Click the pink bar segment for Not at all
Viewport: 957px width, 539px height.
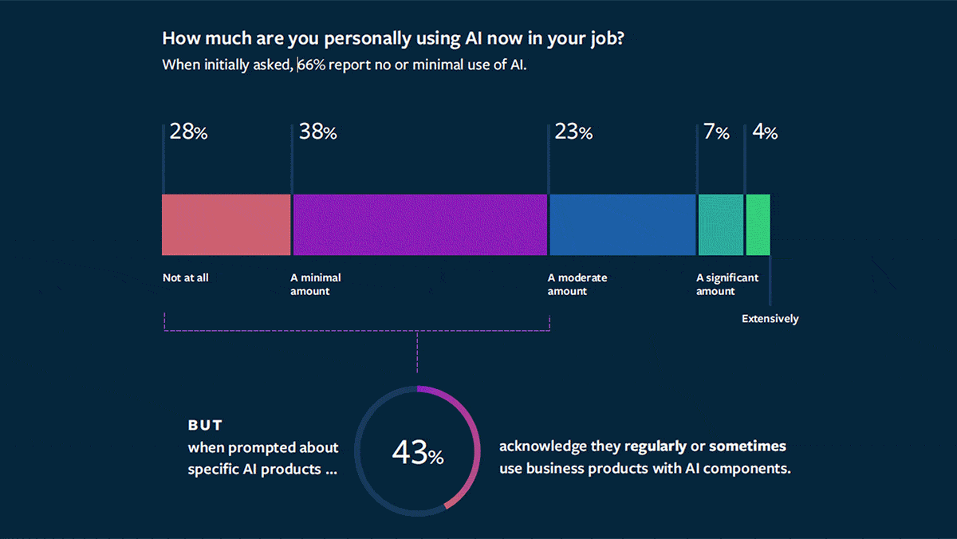tap(226, 225)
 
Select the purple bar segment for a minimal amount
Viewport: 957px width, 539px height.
tap(419, 225)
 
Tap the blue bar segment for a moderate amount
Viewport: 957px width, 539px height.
tap(622, 225)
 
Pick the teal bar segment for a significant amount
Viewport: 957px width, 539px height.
tap(720, 225)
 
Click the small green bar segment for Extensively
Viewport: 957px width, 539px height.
tap(758, 225)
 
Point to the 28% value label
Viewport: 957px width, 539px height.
tap(189, 133)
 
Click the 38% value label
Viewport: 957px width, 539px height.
tap(317, 133)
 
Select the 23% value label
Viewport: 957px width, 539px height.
tap(573, 133)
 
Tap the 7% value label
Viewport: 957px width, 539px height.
tap(716, 133)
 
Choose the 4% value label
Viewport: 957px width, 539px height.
tap(764, 133)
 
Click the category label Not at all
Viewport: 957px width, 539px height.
tap(185, 278)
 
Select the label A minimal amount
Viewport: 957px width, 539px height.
tap(315, 285)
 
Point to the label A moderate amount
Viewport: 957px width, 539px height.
tap(577, 285)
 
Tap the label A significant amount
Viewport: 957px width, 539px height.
tap(727, 285)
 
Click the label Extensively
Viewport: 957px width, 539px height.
tap(770, 319)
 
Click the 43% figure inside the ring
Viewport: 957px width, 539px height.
tap(417, 454)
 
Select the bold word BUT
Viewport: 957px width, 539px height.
tap(205, 426)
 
